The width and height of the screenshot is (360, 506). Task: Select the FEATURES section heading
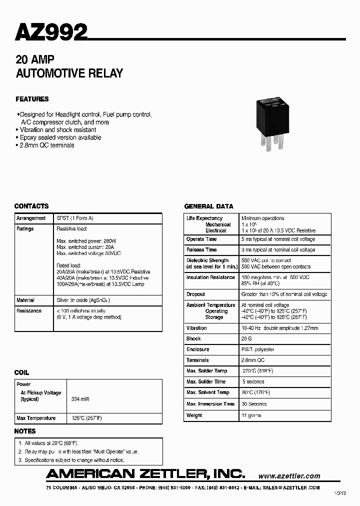pos(32,99)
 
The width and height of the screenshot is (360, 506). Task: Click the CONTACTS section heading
pos(31,206)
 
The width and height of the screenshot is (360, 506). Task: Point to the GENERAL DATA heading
pos(208,206)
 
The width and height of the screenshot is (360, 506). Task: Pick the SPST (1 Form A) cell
pos(75,218)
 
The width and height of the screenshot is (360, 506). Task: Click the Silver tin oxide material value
pos(83,300)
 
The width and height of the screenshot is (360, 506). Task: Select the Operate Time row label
pos(201,239)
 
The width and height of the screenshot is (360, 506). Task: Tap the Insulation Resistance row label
pos(210,277)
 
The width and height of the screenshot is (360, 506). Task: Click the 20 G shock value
pos(247,338)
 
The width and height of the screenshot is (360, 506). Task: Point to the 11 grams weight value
pos(251,415)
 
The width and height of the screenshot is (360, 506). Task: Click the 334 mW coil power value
pos(80,399)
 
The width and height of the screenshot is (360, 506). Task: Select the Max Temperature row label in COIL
pos(36,418)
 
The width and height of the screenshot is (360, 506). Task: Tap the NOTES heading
pos(25,431)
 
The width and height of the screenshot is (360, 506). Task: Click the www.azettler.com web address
pos(289,476)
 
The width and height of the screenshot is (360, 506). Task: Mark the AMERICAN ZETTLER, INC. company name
pos(145,473)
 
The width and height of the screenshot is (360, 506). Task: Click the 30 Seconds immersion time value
pos(254,404)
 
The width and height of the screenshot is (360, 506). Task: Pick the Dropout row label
pos(195,294)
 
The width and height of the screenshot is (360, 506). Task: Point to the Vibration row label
pos(196,328)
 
